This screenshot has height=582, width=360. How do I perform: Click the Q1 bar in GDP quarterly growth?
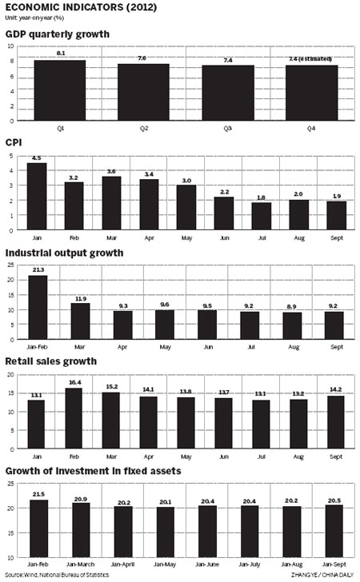click(60, 90)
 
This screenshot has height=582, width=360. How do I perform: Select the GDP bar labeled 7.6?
click(143, 92)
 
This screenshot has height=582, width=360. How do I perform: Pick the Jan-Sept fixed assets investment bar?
click(335, 530)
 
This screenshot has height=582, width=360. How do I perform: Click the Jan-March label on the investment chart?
click(82, 563)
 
